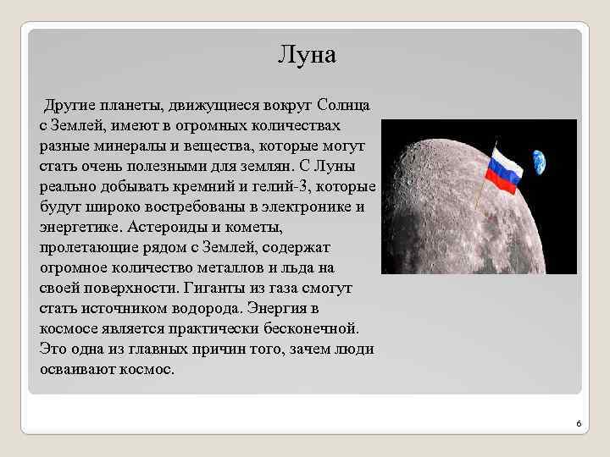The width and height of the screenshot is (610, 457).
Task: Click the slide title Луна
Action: pos(307,56)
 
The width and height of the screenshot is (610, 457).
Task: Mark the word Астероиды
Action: pos(163,226)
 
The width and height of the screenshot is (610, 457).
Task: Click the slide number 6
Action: pos(577,422)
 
